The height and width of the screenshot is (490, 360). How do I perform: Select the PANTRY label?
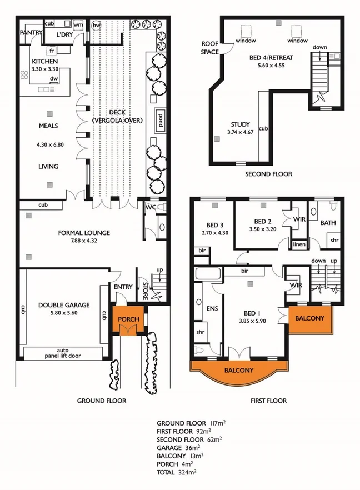pos(31,33)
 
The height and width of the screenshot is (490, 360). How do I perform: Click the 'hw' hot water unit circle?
pos(97,26)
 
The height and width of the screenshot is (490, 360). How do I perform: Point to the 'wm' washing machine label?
pos(78,26)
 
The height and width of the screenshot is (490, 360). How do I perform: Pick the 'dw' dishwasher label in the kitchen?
pos(53,79)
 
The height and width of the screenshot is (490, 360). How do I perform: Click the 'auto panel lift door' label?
pos(61,354)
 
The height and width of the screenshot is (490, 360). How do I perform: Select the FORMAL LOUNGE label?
pos(84,232)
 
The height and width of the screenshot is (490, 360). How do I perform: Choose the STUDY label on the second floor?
pos(240,124)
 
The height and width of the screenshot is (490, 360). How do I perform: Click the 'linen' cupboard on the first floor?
pos(298,244)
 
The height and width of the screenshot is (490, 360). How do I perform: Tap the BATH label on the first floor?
pos(327,223)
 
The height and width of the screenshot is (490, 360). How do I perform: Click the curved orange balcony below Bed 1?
pos(239,370)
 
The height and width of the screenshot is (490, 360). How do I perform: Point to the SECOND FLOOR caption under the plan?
pos(268,174)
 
